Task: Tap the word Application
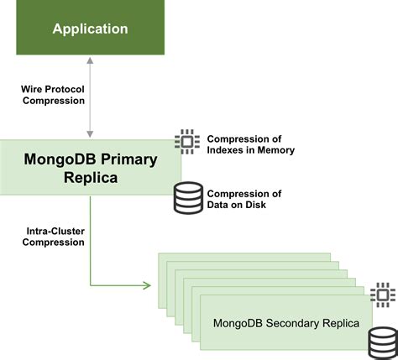tap(90, 29)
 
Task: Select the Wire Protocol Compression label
tap(53, 94)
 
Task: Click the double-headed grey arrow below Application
tap(90, 96)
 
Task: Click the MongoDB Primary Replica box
tap(90, 168)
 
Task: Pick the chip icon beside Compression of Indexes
tap(187, 143)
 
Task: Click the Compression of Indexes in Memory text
tap(250, 144)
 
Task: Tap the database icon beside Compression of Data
tap(187, 197)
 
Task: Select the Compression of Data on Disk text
tap(244, 199)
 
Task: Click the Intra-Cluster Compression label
tap(53, 236)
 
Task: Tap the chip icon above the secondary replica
tap(383, 295)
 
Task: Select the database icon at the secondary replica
tap(383, 342)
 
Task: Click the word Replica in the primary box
tap(90, 178)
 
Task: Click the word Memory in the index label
tap(275, 150)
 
